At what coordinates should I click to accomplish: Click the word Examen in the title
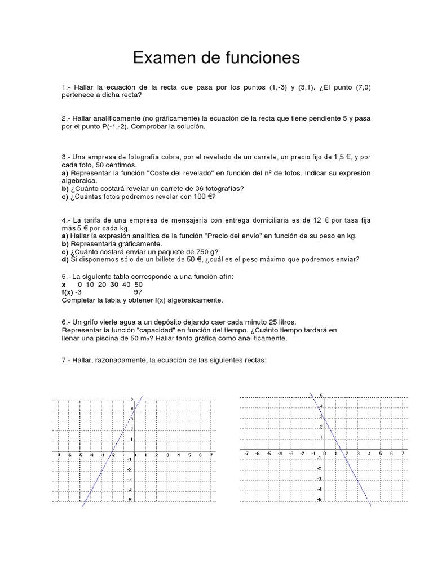click(x=163, y=58)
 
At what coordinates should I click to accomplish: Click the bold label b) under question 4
click(x=65, y=243)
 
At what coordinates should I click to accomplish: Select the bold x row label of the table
click(x=64, y=285)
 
